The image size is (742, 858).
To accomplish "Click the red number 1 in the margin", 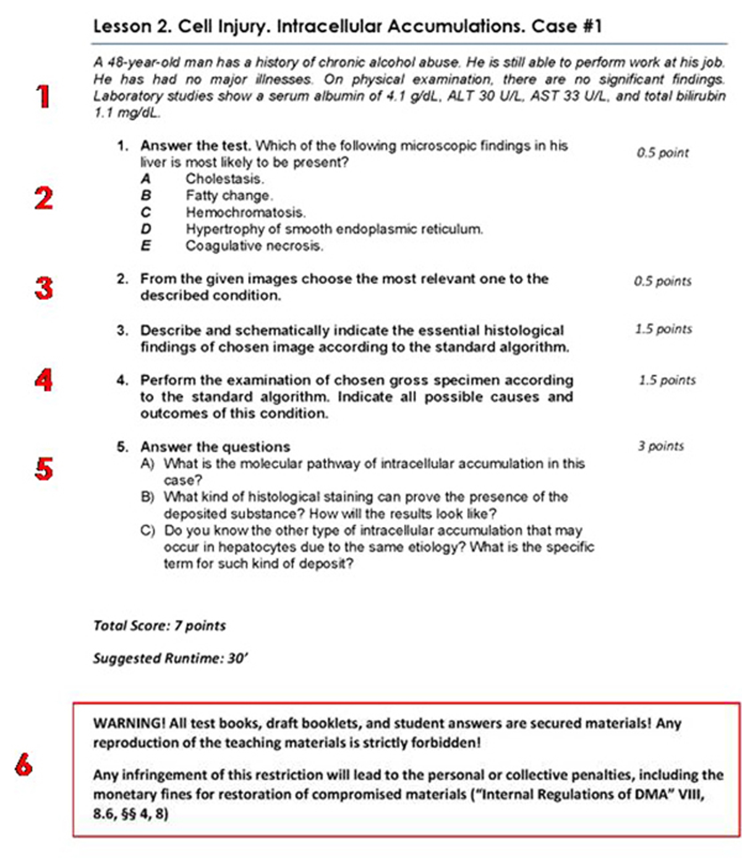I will [43, 97].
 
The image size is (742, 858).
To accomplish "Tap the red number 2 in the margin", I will [43, 199].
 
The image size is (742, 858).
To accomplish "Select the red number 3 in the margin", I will [43, 288].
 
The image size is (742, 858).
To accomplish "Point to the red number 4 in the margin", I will [43, 380].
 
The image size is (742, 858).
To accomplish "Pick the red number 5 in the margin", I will [43, 469].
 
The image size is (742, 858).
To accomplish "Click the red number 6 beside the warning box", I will [23, 766].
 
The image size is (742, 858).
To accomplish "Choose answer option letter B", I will [146, 195].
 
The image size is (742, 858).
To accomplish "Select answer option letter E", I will [146, 246].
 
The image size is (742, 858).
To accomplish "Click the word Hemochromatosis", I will [245, 212].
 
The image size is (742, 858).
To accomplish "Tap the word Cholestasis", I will [224, 179].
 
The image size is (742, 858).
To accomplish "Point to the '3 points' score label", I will [660, 446].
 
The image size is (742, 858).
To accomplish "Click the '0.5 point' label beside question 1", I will [662, 153].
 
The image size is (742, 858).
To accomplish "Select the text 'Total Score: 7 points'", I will [159, 625].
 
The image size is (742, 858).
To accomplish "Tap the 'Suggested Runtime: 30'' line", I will [170, 658].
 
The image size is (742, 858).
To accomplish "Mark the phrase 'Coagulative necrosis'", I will [254, 246].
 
